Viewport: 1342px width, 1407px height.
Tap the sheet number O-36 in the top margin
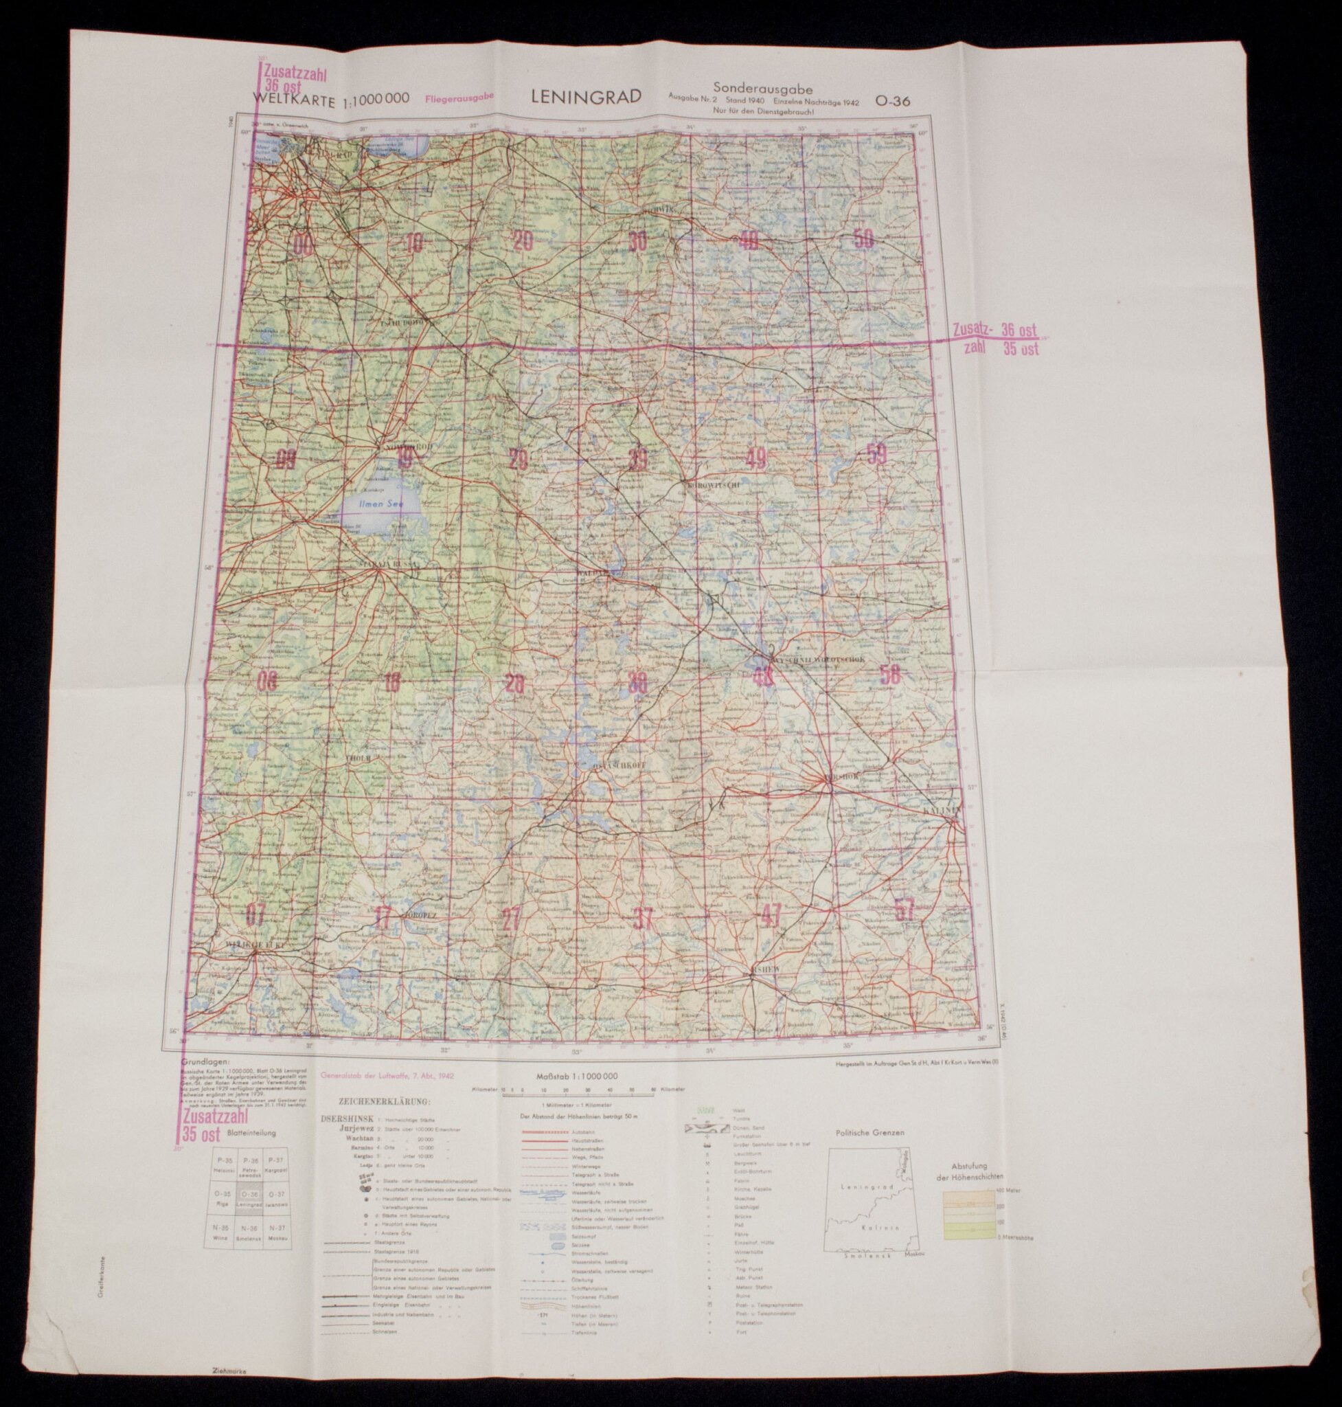[892, 102]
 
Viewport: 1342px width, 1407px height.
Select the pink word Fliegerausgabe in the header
[459, 100]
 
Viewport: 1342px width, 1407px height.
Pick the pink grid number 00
[303, 245]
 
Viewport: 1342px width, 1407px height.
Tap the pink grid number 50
[863, 239]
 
